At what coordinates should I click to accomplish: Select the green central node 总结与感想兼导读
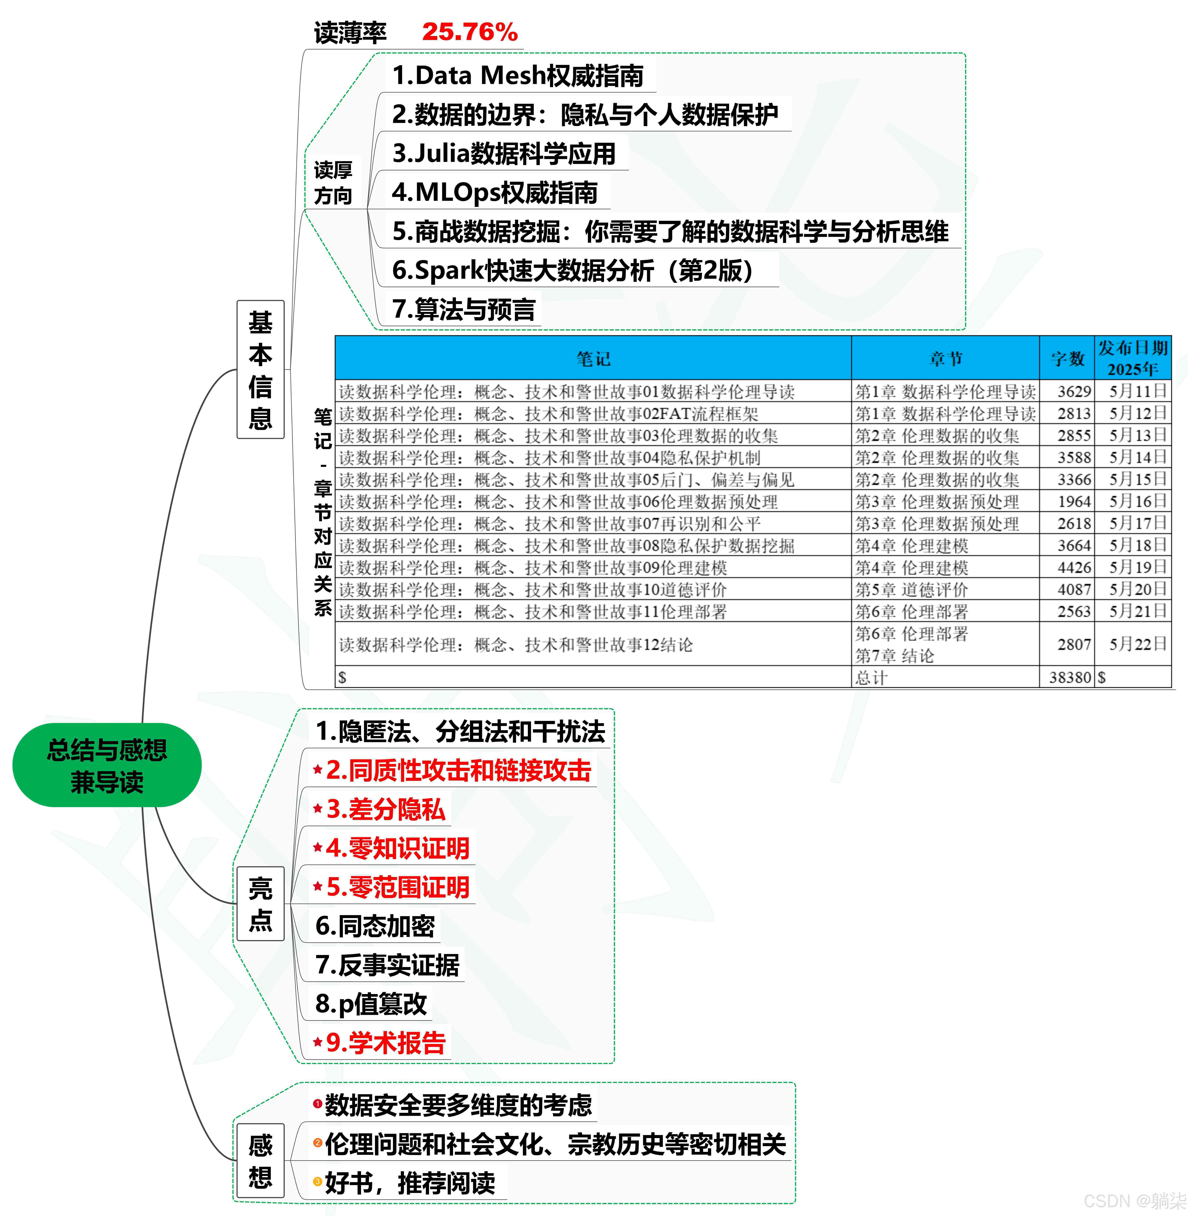pyautogui.click(x=107, y=765)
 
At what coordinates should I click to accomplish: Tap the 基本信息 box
pyautogui.click(x=260, y=369)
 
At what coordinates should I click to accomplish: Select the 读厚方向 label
pyautogui.click(x=333, y=182)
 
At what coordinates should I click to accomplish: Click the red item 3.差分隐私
pyautogui.click(x=385, y=809)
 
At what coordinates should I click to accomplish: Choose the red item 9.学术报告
pyautogui.click(x=385, y=1042)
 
